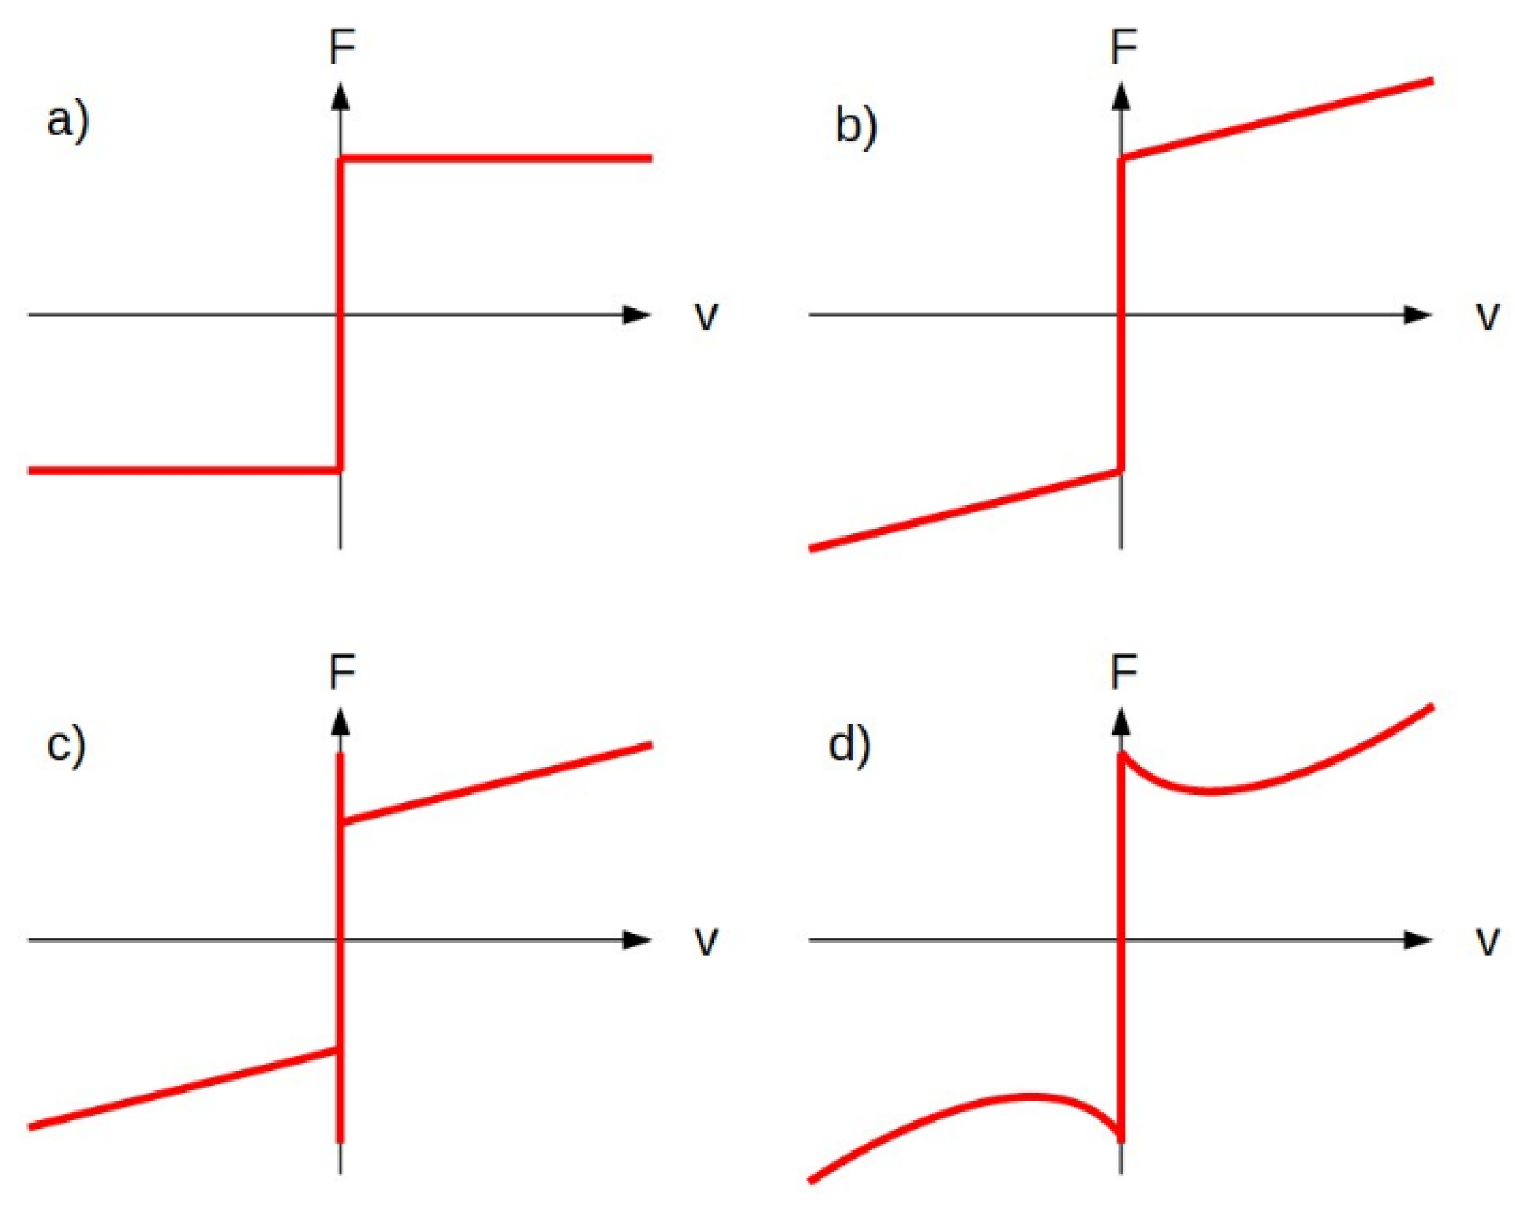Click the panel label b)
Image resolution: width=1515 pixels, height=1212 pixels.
[856, 127]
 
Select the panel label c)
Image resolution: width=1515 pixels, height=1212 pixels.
[66, 746]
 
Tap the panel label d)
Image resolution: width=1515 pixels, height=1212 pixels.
[849, 746]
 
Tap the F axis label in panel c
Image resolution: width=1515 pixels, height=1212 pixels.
[342, 672]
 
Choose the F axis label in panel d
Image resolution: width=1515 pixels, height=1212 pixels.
[1123, 672]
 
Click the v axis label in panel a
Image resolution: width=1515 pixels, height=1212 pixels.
[706, 316]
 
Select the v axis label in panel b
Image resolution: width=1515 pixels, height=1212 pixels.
[1487, 316]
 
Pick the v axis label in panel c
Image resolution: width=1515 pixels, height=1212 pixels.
[706, 941]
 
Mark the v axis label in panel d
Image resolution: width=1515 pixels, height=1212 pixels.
[1487, 941]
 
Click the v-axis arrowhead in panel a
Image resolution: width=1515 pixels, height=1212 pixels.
[637, 315]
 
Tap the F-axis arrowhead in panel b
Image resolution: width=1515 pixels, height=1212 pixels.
[1121, 97]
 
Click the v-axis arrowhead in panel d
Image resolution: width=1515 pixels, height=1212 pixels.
[1418, 940]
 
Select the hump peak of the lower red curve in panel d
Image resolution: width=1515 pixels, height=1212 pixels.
[1028, 1096]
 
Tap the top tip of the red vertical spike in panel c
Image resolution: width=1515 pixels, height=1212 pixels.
[340, 754]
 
